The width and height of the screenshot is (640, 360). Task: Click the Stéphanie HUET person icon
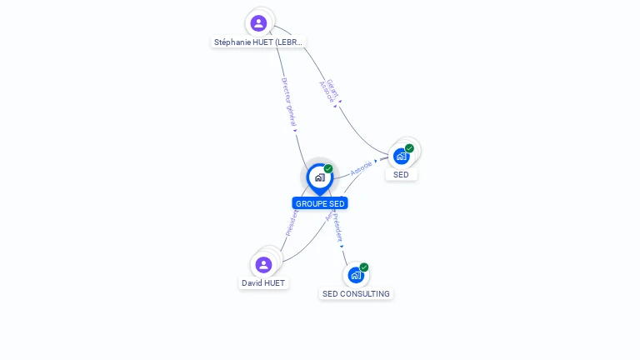pos(258,22)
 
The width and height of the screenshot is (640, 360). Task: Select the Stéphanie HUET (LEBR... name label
pos(258,42)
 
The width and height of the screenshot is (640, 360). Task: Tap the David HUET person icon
pos(263,265)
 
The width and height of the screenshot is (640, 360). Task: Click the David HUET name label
pos(263,283)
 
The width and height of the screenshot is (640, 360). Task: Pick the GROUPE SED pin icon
pos(319,177)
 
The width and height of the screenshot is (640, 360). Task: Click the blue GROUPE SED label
pos(320,203)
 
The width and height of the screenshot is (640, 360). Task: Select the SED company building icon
pos(402,156)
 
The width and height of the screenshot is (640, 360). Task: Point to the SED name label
pos(401,175)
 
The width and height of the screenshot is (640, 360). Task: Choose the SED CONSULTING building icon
pos(356,275)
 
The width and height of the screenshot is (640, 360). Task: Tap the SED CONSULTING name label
pos(356,294)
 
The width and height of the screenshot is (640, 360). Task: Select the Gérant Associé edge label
pos(328,90)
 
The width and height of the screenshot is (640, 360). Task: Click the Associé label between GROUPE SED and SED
pos(361,167)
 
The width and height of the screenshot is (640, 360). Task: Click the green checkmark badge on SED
pos(409,148)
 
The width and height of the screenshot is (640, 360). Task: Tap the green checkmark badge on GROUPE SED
pos(328,169)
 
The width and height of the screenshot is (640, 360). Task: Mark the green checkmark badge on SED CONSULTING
pos(364,267)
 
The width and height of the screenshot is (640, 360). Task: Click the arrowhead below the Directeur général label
pos(295,130)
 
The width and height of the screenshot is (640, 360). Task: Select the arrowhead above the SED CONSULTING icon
pos(342,246)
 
